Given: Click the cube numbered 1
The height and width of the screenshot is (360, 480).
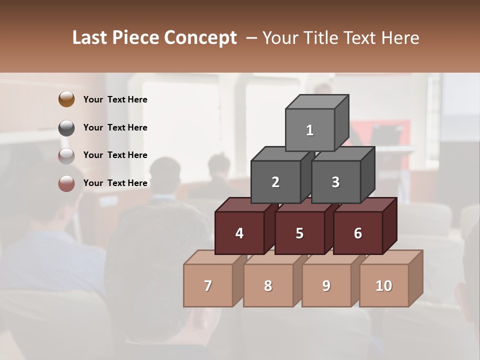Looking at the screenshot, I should click(310, 130).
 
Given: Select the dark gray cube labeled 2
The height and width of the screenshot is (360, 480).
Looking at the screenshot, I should click(275, 182).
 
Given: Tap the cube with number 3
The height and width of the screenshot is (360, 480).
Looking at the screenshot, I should click(335, 182).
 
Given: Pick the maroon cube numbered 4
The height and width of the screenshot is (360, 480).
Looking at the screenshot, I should click(239, 233).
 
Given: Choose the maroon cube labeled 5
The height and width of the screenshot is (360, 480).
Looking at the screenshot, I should click(299, 233).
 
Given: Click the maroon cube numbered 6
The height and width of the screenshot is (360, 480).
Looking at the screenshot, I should click(358, 233).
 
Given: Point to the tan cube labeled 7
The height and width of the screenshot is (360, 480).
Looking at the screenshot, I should click(208, 285).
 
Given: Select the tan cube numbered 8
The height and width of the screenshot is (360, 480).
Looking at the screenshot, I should click(268, 285).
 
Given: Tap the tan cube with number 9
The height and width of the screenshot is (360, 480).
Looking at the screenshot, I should click(326, 285).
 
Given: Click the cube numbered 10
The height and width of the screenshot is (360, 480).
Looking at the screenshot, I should click(384, 285).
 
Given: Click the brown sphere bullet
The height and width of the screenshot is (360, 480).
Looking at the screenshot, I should click(66, 99).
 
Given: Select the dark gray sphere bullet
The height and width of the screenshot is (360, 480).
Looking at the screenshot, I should click(66, 128).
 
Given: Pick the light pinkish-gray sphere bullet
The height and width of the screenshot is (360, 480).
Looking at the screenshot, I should click(66, 156).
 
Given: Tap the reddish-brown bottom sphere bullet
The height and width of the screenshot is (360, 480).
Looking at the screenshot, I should click(66, 184).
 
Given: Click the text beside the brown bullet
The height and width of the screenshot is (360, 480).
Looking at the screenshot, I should click(115, 99).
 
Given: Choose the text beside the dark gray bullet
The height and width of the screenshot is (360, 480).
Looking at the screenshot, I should click(115, 127).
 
